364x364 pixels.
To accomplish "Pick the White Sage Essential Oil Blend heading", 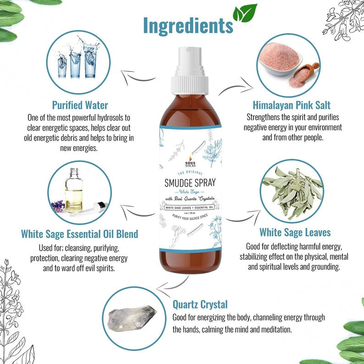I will point(79,234).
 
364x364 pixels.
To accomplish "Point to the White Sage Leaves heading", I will point(295,232).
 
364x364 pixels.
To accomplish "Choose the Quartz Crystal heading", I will point(200,304).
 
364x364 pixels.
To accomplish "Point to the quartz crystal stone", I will point(132,317).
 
